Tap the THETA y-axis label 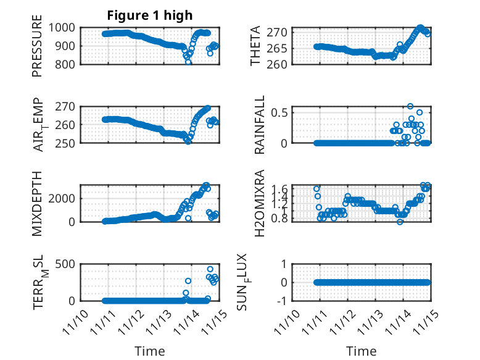click(255, 46)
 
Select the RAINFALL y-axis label click(260, 124)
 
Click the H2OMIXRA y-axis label click(260, 203)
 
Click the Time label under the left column click(151, 351)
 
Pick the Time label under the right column click(362, 351)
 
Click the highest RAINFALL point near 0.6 click(410, 106)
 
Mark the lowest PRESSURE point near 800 click(188, 62)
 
